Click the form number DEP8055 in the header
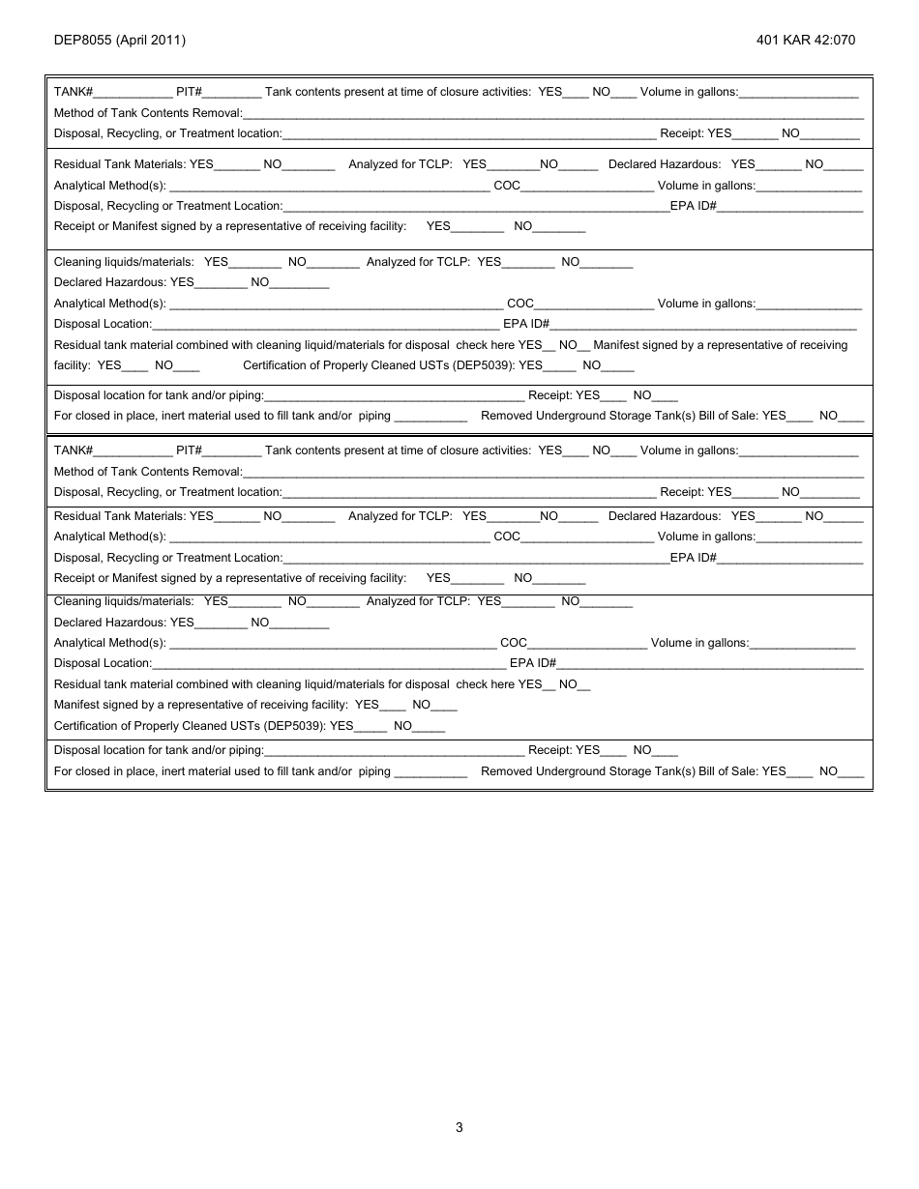point(80,41)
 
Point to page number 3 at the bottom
point(459,1127)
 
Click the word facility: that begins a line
point(74,366)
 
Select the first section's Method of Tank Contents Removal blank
point(552,115)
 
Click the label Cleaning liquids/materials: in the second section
point(124,601)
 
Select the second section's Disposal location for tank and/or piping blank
point(394,751)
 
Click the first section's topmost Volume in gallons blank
point(799,94)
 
